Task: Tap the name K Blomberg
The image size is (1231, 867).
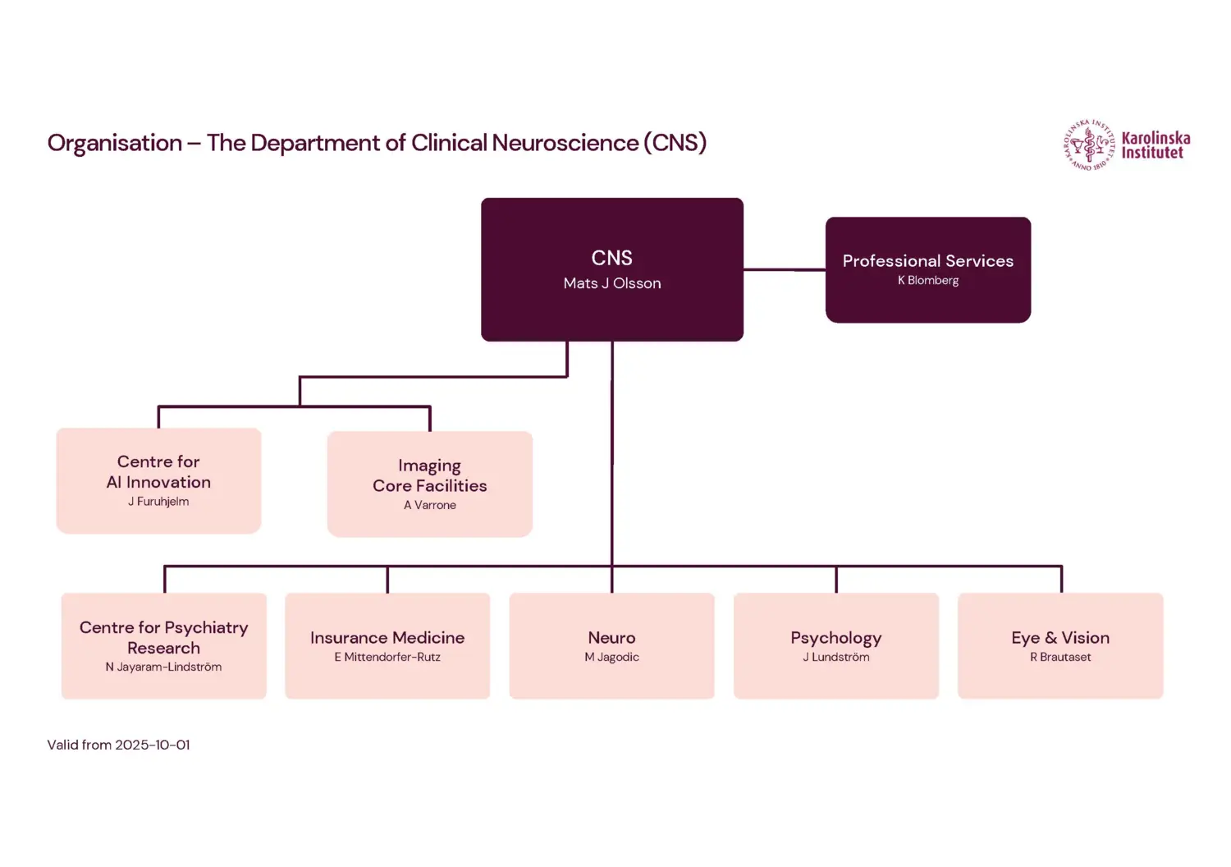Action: point(928,281)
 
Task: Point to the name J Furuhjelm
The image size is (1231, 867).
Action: point(158,502)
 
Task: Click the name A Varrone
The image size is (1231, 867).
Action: point(430,505)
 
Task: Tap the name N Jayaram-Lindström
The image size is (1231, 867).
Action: point(163,667)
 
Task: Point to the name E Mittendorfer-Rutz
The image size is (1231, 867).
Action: point(387,657)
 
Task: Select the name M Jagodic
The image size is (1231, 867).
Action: point(611,657)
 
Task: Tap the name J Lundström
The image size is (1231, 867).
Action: point(835,657)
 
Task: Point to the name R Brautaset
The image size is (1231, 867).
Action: point(1060,657)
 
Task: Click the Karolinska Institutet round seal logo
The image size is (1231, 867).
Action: point(1089,145)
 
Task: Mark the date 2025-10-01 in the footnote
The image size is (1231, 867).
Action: point(153,745)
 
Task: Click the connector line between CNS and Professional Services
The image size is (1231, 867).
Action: point(784,269)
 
